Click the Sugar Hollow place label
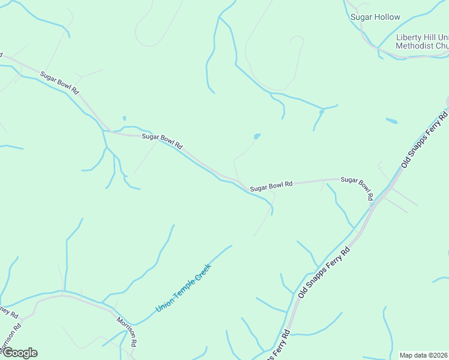pos(375,17)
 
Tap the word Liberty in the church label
pos(409,37)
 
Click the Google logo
pos(19,353)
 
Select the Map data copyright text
pos(424,355)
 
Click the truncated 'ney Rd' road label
pos(10,313)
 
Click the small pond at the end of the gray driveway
pos(257,136)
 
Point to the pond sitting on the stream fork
pos(322,111)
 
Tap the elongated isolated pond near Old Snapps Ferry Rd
pos(391,121)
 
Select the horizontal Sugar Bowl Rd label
pos(271,186)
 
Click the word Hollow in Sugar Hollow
pos(387,17)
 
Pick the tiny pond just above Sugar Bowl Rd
pos(124,118)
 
